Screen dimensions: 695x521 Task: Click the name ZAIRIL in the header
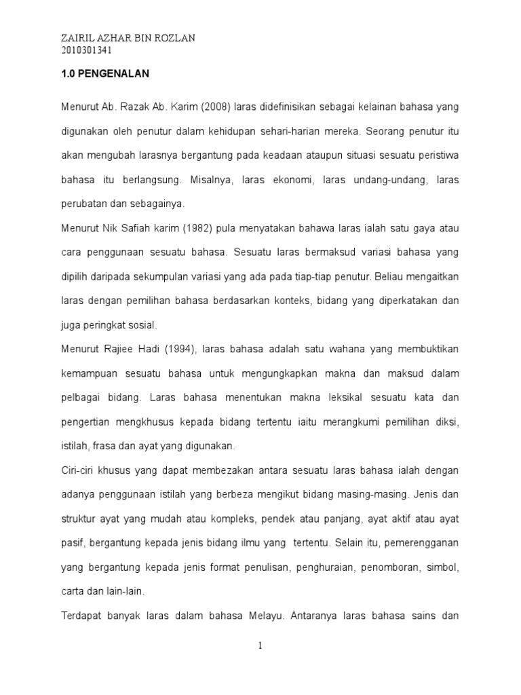tap(79, 39)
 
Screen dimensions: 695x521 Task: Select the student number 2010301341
tap(86, 50)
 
